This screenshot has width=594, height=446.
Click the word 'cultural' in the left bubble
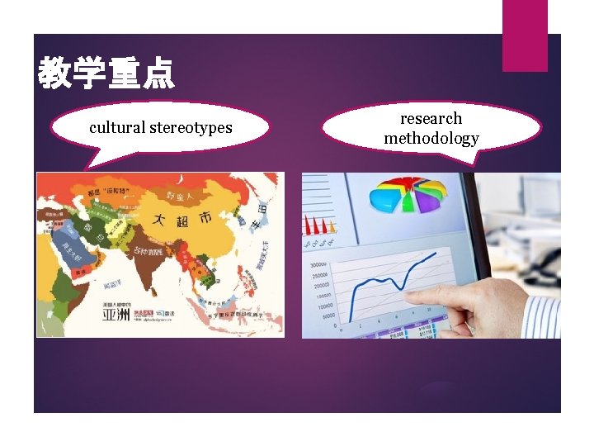116,128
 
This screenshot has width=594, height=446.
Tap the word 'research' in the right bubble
431,119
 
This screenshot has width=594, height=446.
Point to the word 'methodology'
431,139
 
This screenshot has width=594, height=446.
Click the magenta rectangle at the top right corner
525,35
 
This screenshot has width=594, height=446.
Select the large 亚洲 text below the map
116,314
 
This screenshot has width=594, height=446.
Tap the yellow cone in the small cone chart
332,225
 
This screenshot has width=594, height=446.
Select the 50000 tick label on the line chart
327,316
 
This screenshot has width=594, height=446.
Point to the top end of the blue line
436,254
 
